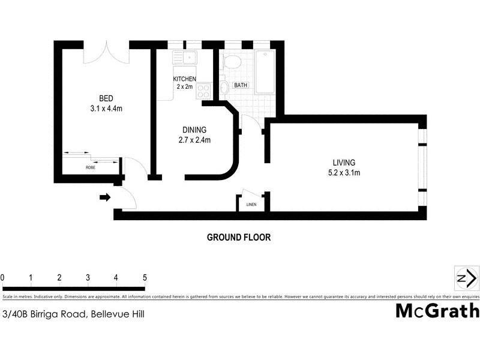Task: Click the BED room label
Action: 106,99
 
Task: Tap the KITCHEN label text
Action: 184,79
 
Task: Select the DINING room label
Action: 194,130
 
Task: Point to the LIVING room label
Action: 344,163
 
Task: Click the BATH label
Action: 241,86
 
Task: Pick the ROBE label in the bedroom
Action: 91,167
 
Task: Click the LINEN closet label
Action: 251,205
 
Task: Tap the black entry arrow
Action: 105,197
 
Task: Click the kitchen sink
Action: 184,58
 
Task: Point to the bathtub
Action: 265,72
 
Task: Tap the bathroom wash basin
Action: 224,88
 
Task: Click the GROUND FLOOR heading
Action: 239,237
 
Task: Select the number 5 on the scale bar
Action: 144,277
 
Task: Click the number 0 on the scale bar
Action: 3,277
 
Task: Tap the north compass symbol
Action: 466,278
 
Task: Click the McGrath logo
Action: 437,311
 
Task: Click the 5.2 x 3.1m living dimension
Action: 344,173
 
